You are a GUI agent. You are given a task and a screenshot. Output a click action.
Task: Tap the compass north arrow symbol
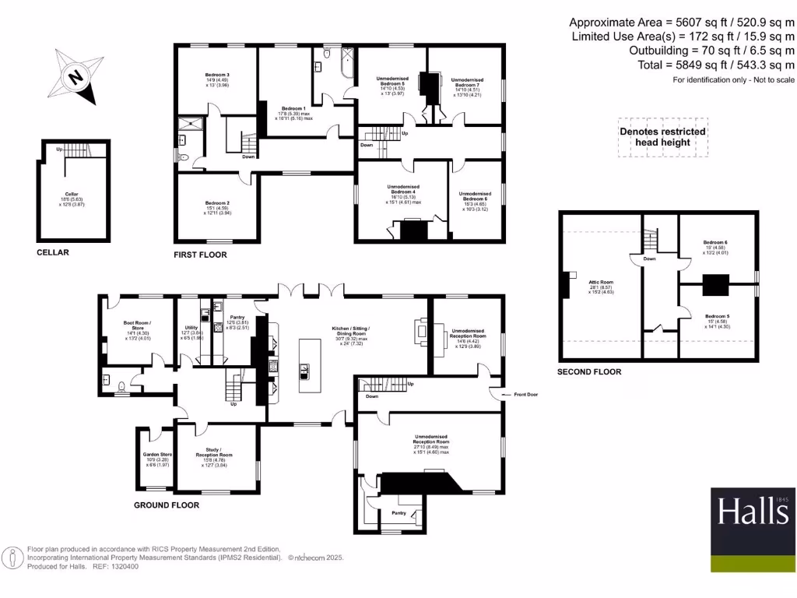pos(76,77)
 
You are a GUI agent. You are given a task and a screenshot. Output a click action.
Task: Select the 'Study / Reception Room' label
pos(216,451)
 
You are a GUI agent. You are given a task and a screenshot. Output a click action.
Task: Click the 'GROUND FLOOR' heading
pos(166,505)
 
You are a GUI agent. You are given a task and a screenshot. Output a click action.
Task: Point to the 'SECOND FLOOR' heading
pos(589,372)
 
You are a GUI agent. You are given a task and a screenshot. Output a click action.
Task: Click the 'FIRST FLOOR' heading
pos(200,255)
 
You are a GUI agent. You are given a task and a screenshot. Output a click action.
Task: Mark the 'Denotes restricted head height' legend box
pos(663,137)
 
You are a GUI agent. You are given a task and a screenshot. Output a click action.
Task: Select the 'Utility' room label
pos(191,329)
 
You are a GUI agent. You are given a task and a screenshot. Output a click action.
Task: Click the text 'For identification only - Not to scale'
pos(733,80)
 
